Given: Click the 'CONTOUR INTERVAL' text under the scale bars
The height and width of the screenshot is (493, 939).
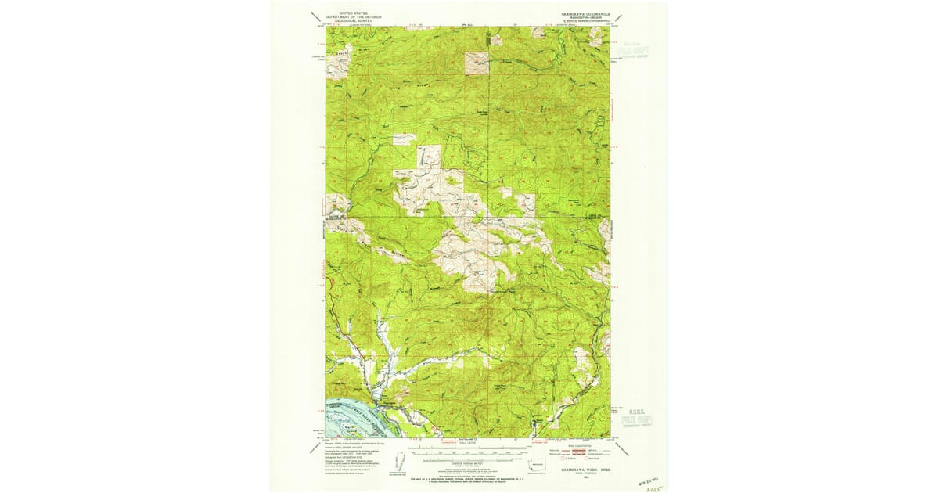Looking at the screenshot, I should click(468, 464).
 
